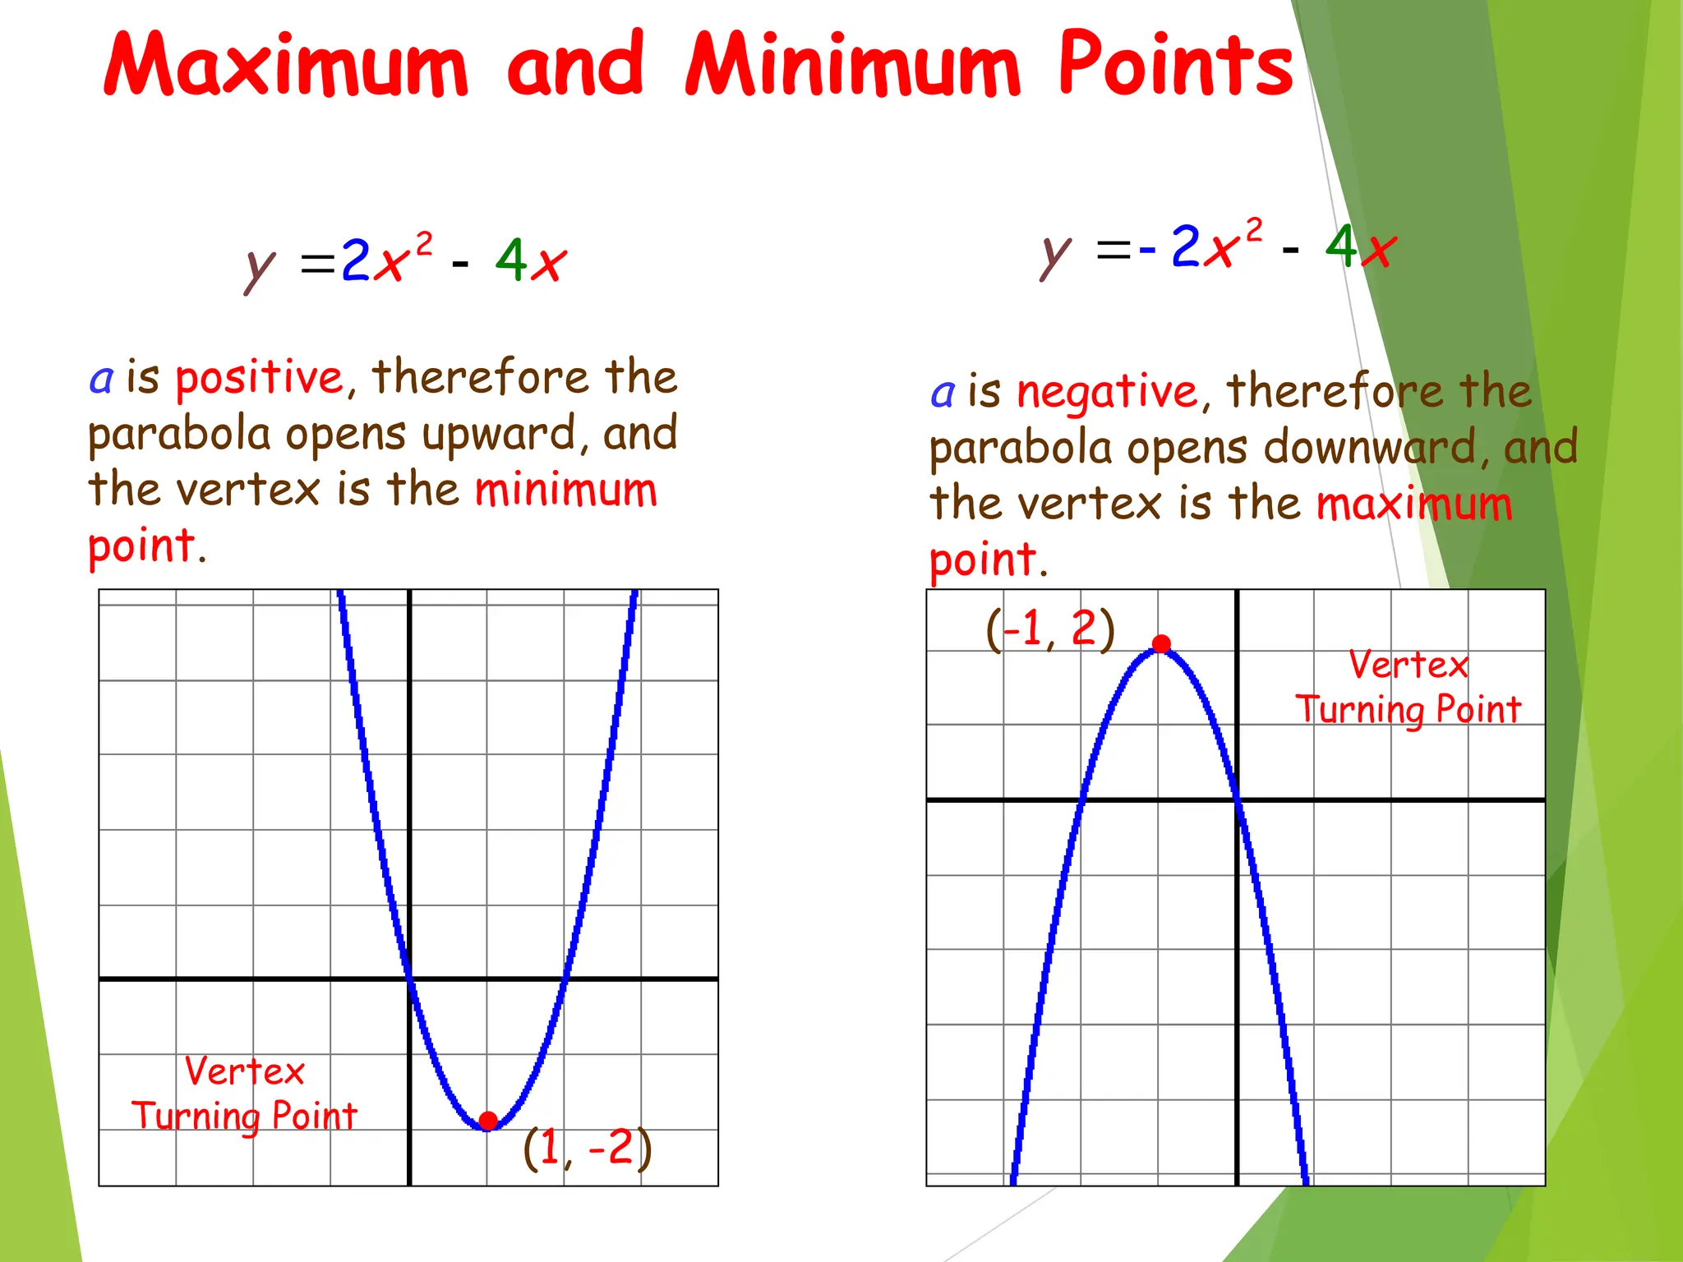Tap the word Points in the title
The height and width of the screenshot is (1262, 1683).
click(x=1175, y=64)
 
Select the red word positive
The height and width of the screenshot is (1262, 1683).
click(x=259, y=379)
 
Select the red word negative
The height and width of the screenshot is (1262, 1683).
click(x=1107, y=392)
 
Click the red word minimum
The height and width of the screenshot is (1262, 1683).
click(x=566, y=491)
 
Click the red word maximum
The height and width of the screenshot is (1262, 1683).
click(x=1413, y=504)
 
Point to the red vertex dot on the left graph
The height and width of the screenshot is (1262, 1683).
click(x=488, y=1121)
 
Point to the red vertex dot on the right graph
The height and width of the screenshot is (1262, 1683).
click(x=1161, y=644)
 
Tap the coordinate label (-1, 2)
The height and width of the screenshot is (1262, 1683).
click(x=1050, y=629)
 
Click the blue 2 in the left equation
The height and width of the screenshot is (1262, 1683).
click(x=356, y=260)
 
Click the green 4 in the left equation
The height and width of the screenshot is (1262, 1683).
click(x=511, y=260)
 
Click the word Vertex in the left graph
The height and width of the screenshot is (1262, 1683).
click(x=244, y=1071)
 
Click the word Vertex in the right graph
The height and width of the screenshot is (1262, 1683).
click(x=1408, y=665)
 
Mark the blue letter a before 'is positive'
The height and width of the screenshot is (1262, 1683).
click(x=101, y=380)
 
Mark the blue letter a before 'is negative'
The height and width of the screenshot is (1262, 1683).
click(x=943, y=394)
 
